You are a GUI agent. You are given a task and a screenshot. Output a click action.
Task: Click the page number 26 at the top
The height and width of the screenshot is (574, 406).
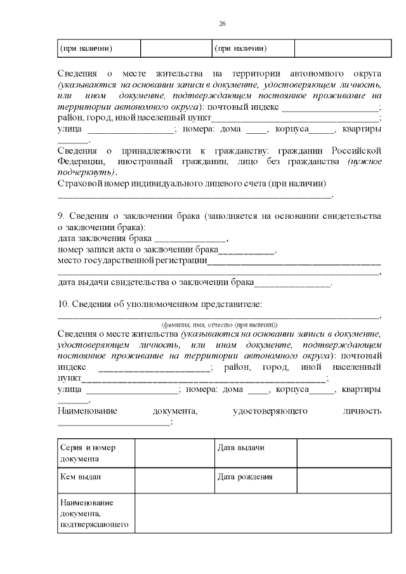(x=222, y=23)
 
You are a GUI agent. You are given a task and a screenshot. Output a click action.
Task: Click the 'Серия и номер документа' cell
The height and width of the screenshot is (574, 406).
(x=95, y=453)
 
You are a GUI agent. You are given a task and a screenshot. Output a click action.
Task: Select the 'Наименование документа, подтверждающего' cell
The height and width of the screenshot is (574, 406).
(x=95, y=513)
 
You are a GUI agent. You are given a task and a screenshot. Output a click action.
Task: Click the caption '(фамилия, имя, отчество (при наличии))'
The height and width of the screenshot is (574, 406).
(x=219, y=323)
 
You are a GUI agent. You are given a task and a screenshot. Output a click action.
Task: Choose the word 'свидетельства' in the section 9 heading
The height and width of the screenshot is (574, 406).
(x=350, y=216)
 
